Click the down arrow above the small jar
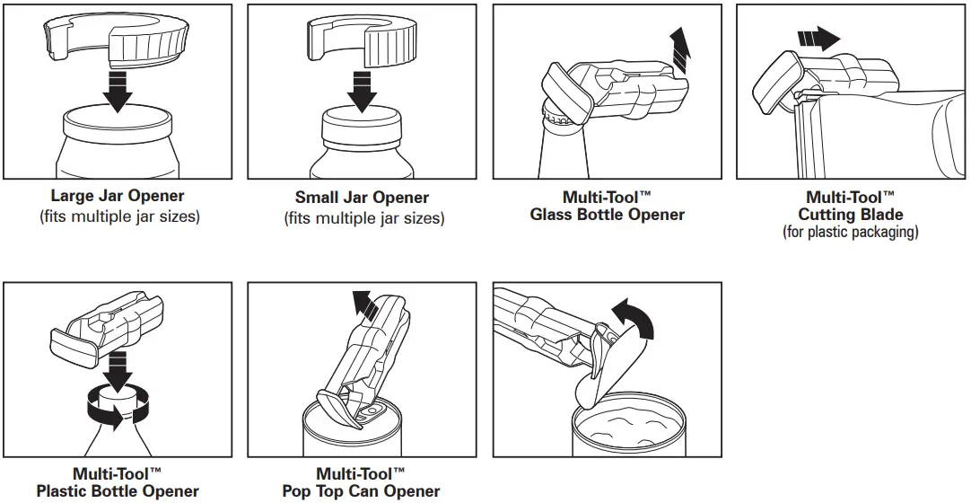[362, 91]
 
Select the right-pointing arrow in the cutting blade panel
[818, 38]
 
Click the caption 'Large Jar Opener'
[118, 197]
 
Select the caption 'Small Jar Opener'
[363, 198]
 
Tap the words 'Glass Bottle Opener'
[608, 215]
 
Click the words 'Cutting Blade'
[851, 215]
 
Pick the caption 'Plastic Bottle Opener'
[118, 491]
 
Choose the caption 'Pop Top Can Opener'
[362, 491]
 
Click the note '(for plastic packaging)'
[851, 232]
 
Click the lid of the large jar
[117, 123]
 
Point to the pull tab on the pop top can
[370, 414]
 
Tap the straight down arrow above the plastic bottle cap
[118, 367]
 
